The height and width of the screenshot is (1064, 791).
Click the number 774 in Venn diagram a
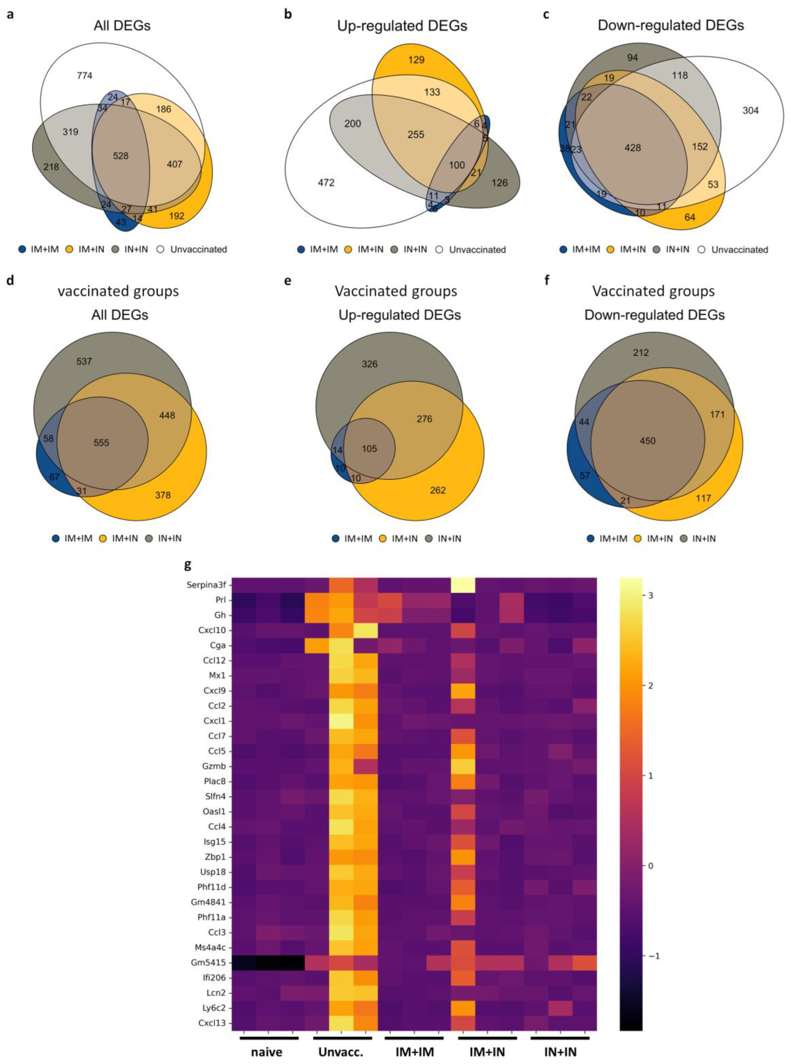pyautogui.click(x=85, y=76)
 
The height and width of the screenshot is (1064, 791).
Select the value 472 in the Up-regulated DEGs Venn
pyautogui.click(x=326, y=182)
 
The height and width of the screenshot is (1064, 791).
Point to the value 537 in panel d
pyautogui.click(x=84, y=361)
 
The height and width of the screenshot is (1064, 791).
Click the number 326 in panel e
pyautogui.click(x=370, y=364)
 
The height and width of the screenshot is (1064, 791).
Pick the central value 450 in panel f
pyautogui.click(x=647, y=441)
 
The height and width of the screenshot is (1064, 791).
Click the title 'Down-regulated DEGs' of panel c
pyautogui.click(x=671, y=25)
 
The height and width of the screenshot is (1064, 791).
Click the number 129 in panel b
pyautogui.click(x=416, y=60)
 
